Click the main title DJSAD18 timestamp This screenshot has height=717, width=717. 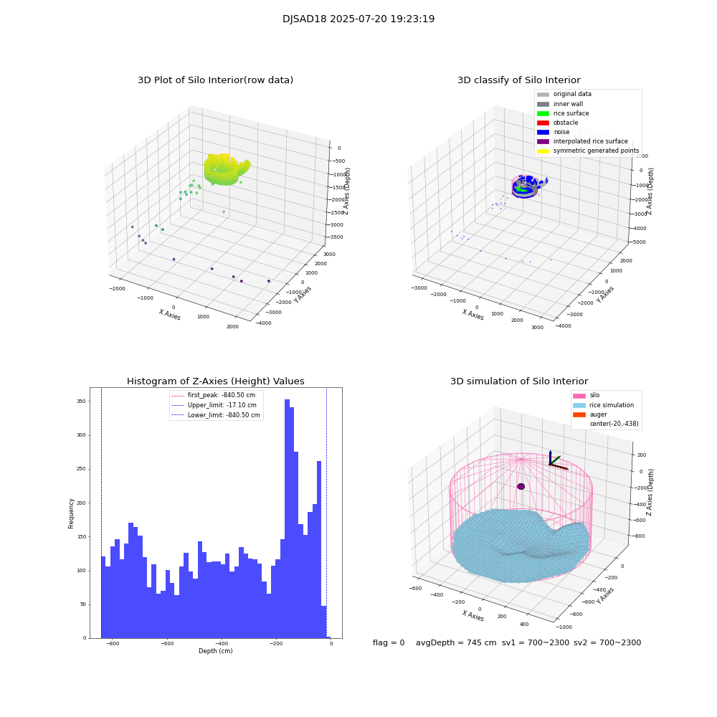tap(358, 19)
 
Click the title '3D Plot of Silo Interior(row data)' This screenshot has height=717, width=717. tap(215, 80)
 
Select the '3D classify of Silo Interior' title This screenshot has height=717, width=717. tap(518, 80)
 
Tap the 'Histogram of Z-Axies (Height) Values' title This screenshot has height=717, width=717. tap(215, 381)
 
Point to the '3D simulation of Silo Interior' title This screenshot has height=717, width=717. tap(518, 381)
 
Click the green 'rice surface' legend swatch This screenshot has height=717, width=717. tap(543, 113)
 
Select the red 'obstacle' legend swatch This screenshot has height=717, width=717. tap(543, 123)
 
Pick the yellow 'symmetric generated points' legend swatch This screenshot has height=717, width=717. tap(543, 151)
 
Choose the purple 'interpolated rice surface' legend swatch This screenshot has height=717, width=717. tap(543, 141)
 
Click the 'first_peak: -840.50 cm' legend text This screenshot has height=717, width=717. tap(221, 395)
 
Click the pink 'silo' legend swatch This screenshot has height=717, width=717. tap(579, 396)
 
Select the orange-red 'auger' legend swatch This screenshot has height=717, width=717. tap(579, 414)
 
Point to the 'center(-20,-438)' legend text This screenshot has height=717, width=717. tap(614, 424)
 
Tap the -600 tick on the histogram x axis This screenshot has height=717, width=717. tap(166, 644)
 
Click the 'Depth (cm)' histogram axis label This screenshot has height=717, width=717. tap(215, 651)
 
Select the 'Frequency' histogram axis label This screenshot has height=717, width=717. tap(71, 513)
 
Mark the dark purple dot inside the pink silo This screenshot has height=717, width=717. tap(521, 486)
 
